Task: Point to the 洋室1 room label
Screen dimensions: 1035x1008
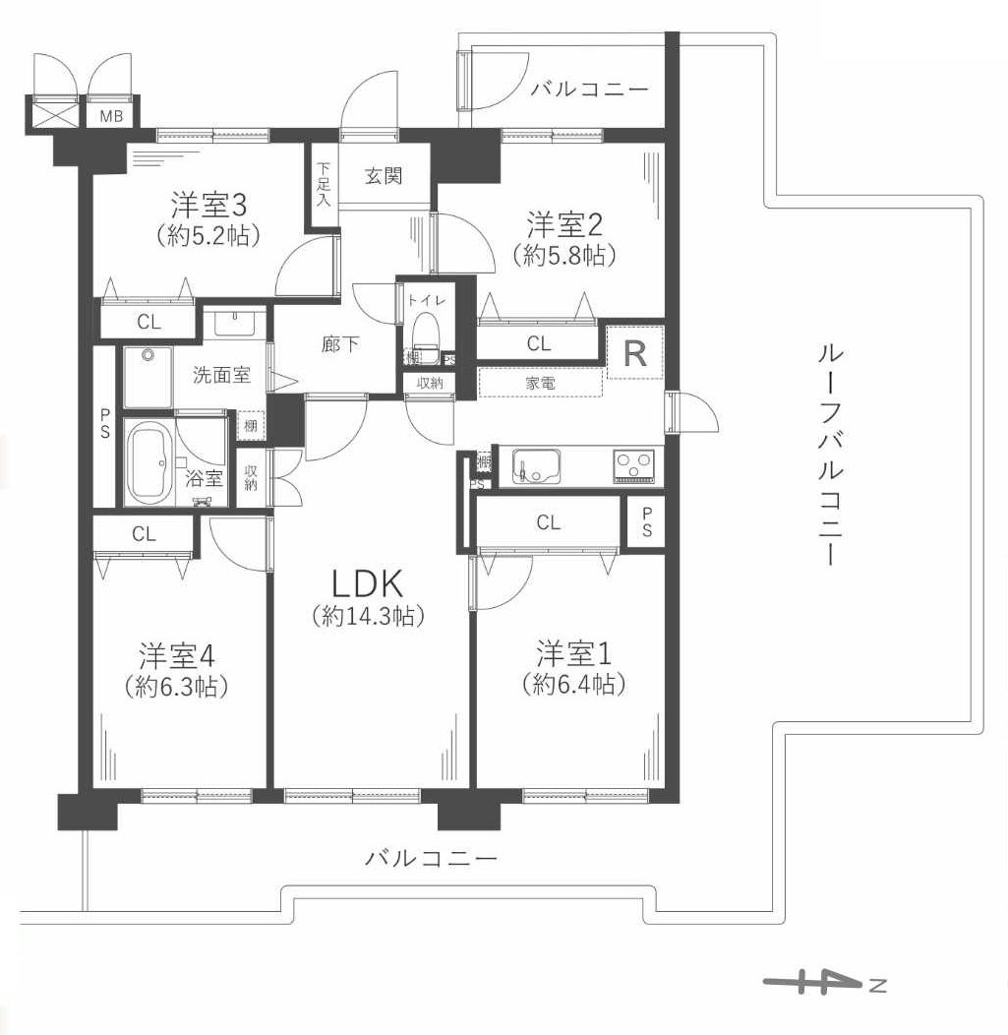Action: pyautogui.click(x=574, y=652)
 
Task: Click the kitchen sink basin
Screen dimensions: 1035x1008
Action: pyautogui.click(x=533, y=465)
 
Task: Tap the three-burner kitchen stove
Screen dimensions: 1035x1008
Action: pyautogui.click(x=635, y=464)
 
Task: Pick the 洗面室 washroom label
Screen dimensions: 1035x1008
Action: pyautogui.click(x=220, y=374)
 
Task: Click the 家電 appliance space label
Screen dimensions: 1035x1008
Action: pyautogui.click(x=540, y=383)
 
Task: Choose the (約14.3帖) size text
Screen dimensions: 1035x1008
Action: pyautogui.click(x=368, y=617)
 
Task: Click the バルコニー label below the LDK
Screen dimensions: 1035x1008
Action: pyautogui.click(x=431, y=858)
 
